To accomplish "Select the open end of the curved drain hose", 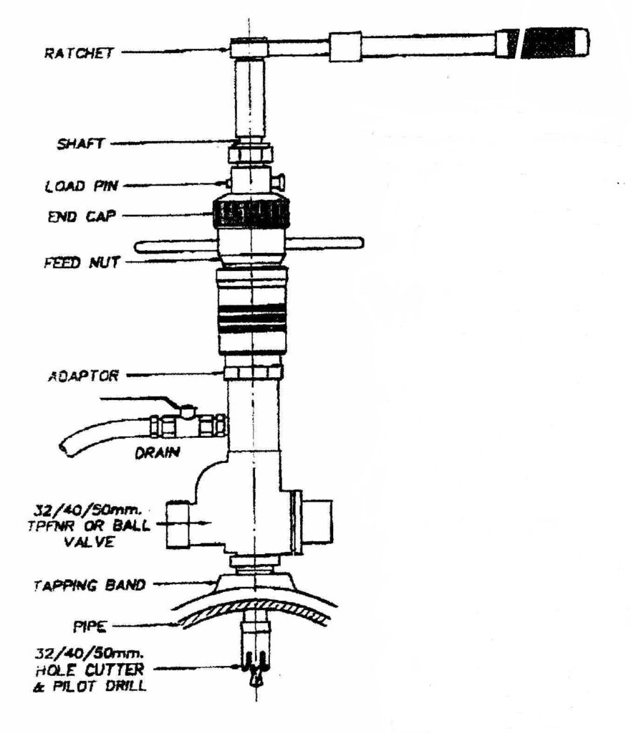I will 66,450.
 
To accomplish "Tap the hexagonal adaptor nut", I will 253,373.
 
